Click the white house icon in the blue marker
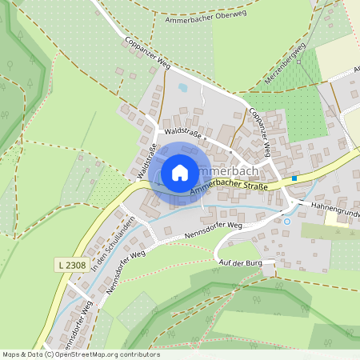[180, 172]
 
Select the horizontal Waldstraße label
[181, 130]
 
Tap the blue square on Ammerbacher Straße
[294, 178]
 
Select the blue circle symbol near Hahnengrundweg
[287, 222]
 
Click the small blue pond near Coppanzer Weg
[182, 86]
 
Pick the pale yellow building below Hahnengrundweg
[337, 219]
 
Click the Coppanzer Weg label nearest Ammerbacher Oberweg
[148, 53]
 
